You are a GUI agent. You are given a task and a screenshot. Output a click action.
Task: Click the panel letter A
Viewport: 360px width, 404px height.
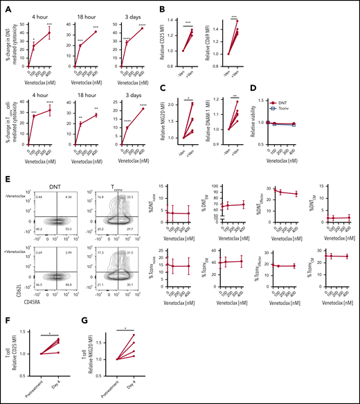tap(6, 6)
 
